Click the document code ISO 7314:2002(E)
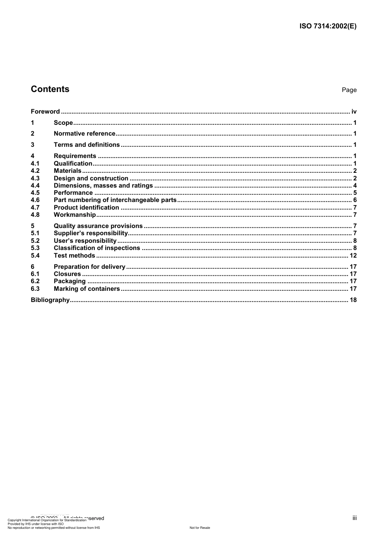[328, 26]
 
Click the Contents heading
[50, 89]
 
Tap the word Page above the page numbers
[349, 90]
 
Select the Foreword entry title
[45, 112]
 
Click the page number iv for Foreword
[354, 112]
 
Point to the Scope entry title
[63, 123]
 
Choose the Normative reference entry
[84, 134]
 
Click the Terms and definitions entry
[86, 145]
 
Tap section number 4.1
[35, 164]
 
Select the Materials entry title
[67, 171]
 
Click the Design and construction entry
[91, 178]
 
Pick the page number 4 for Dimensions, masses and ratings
[355, 186]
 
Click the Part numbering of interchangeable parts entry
[115, 200]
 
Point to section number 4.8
[35, 215]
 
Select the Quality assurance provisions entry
[98, 226]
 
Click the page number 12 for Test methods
[353, 256]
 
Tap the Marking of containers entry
[86, 289]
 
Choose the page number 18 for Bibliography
[353, 300]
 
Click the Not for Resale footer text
[200, 528]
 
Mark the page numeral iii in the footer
[354, 518]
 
